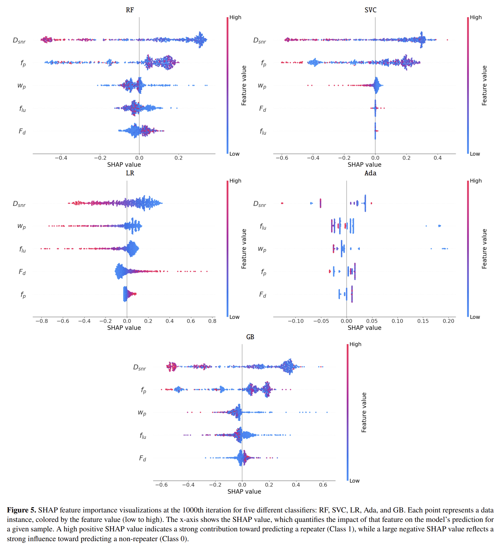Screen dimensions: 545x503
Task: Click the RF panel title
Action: pyautogui.click(x=130, y=10)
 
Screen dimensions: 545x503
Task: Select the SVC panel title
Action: pyautogui.click(x=370, y=10)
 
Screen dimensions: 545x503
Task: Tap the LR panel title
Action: pyautogui.click(x=130, y=173)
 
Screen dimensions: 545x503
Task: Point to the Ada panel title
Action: pyautogui.click(x=370, y=173)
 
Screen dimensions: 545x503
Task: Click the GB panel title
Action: pyautogui.click(x=250, y=337)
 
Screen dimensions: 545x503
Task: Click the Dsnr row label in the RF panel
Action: pyautogui.click(x=19, y=41)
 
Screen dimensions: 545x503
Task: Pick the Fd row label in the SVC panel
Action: pyautogui.click(x=263, y=109)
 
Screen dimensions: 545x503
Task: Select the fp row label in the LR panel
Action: pyautogui.click(x=23, y=295)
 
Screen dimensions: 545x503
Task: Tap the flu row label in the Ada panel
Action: pyautogui.click(x=263, y=227)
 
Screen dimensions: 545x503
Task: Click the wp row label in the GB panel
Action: pyautogui.click(x=142, y=413)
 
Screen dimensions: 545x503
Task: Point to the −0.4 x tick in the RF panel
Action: pyautogui.click(x=61, y=158)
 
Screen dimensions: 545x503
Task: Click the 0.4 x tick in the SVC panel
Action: pyautogui.click(x=438, y=158)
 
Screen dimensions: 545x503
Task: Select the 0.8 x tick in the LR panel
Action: pyautogui.click(x=212, y=321)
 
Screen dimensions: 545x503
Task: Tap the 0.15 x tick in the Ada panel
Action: pyautogui.click(x=423, y=321)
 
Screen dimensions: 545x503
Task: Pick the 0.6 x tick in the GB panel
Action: pyautogui.click(x=323, y=485)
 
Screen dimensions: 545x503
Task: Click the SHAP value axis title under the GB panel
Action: pyautogui.click(x=244, y=491)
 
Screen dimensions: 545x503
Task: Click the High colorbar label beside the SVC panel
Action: pyautogui.click(x=476, y=18)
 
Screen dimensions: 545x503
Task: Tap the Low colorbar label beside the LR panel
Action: pyautogui.click(x=235, y=317)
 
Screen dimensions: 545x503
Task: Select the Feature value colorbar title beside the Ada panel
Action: pyautogui.click(x=484, y=249)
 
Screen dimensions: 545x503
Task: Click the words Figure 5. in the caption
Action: pyautogui.click(x=21, y=510)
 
